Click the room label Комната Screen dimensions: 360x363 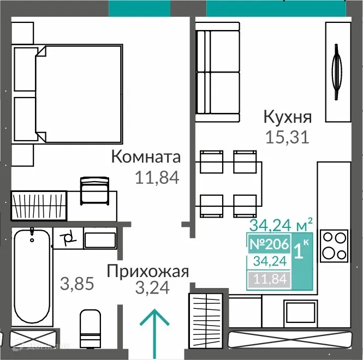point(146,157)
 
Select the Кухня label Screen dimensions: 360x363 point(287,117)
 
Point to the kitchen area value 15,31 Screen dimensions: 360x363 point(287,136)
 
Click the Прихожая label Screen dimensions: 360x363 point(148,271)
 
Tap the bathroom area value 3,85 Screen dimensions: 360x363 point(76,284)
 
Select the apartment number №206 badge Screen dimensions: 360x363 point(268,245)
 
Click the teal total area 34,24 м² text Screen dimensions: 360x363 point(281,225)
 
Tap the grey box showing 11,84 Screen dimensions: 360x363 point(268,280)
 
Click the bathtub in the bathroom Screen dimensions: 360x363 point(33,278)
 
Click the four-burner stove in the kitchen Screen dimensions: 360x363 point(334,246)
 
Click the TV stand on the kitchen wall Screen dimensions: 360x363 point(338,72)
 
